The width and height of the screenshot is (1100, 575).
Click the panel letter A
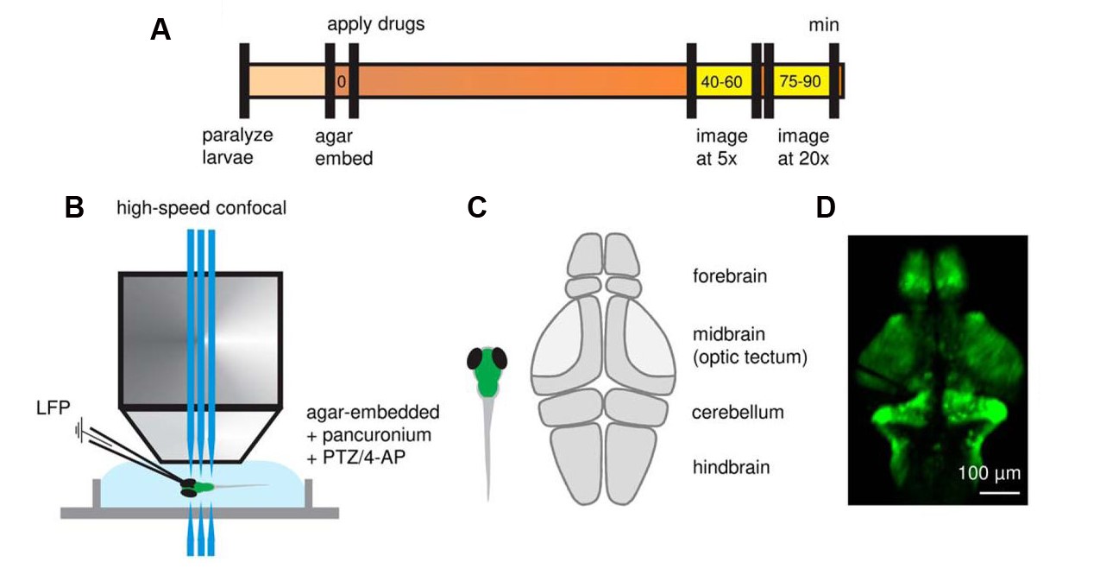160,29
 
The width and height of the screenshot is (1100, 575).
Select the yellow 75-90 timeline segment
800,82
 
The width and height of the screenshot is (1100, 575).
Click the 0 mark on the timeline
342,82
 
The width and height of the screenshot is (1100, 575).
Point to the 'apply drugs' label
375,23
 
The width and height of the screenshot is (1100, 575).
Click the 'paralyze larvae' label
237,147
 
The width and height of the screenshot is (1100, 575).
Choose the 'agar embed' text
344,147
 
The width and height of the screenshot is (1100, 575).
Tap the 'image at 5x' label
721,147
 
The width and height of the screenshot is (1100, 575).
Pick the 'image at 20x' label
802,147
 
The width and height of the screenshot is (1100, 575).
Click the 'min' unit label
823,26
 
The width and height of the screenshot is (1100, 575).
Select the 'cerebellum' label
738,412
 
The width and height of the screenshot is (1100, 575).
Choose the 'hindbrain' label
731,468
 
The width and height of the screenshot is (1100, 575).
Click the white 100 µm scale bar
998,492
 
